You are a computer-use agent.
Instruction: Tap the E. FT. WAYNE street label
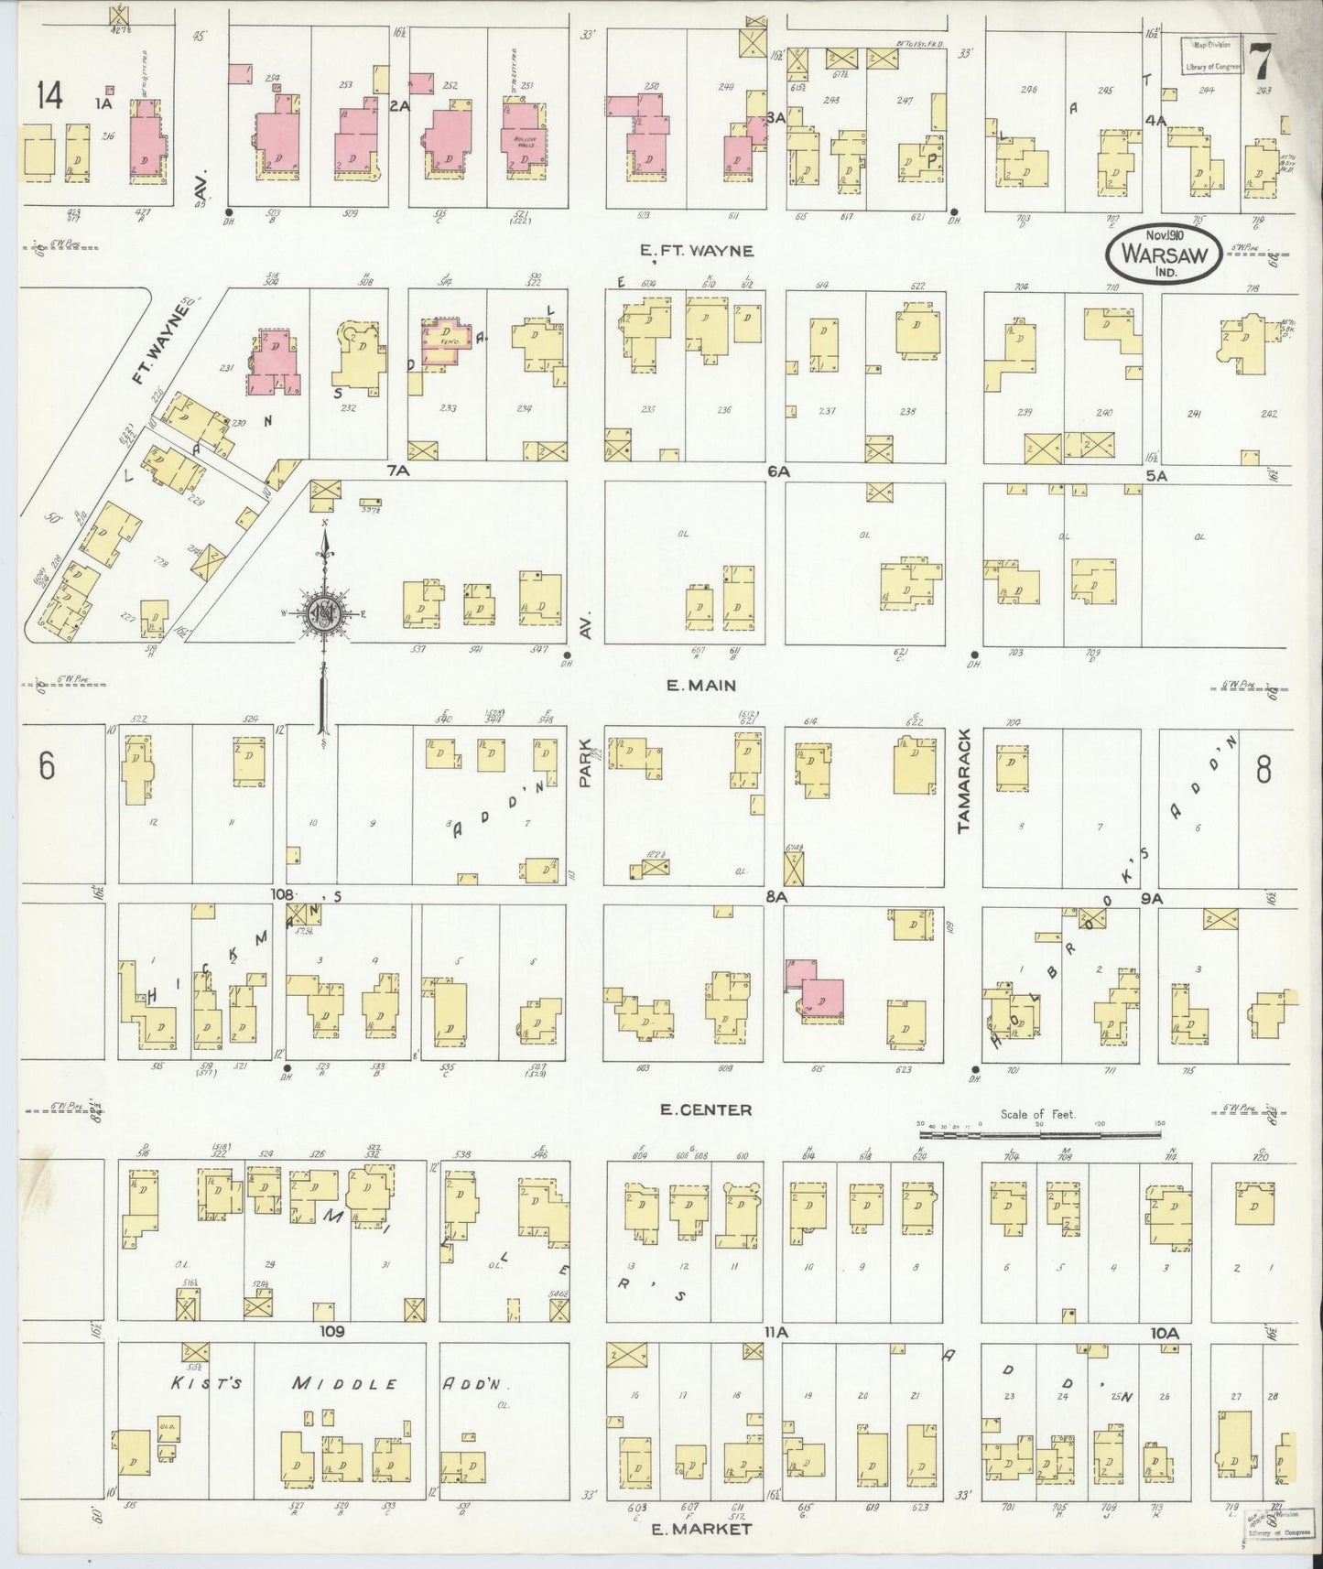coord(698,251)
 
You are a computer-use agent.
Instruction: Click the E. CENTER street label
coord(705,1110)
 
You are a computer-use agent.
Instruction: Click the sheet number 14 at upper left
coord(49,94)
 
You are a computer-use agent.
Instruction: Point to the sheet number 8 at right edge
coord(1263,771)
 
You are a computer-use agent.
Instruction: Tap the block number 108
coord(280,893)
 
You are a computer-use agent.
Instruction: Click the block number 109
coord(331,1331)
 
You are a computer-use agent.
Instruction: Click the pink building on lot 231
coord(275,363)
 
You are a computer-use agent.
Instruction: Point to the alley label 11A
coord(775,1333)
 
